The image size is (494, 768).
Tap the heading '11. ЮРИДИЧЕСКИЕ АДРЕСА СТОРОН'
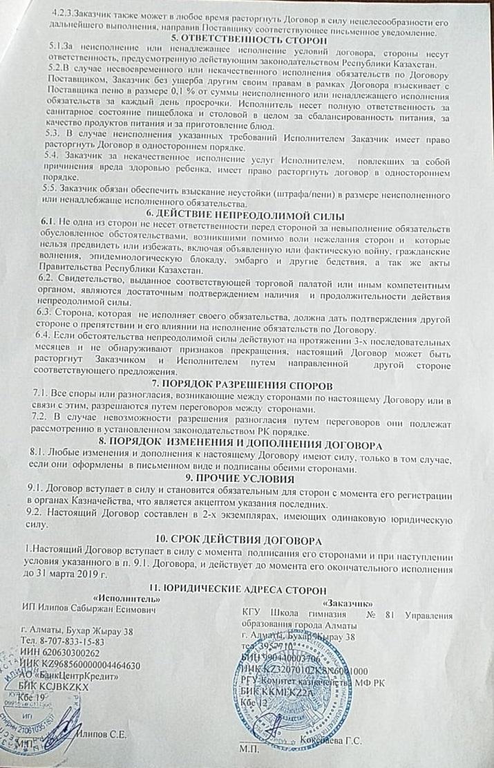point(249,588)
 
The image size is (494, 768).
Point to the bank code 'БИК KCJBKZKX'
point(57,688)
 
